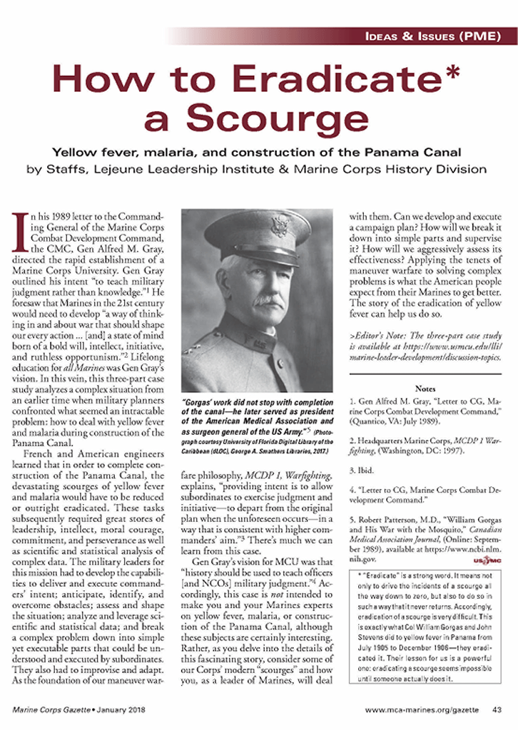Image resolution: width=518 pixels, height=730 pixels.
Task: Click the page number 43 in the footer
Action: click(496, 709)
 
